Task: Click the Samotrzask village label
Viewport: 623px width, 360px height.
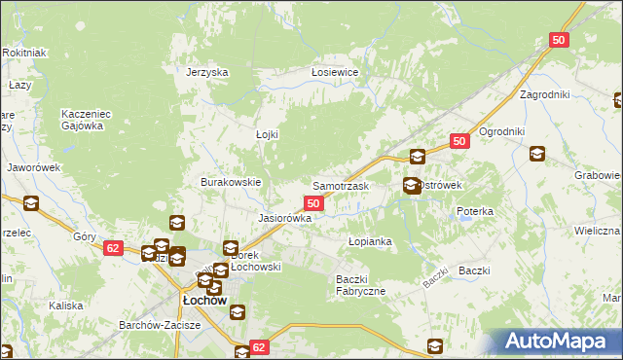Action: pyautogui.click(x=340, y=185)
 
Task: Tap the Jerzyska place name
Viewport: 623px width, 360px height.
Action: pyautogui.click(x=207, y=72)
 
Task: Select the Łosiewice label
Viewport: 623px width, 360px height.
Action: pyautogui.click(x=335, y=72)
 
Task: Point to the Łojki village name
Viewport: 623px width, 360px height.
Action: pyautogui.click(x=267, y=134)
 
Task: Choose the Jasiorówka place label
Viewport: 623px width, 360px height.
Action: pyautogui.click(x=284, y=218)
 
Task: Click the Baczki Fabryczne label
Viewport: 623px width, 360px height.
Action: pyautogui.click(x=361, y=285)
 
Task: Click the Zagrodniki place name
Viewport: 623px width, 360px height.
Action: pyautogui.click(x=545, y=95)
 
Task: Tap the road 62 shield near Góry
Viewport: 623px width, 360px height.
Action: pyautogui.click(x=113, y=248)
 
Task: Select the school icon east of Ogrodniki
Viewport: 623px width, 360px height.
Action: pyautogui.click(x=536, y=154)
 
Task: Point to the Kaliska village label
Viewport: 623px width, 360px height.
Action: pyautogui.click(x=66, y=306)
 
